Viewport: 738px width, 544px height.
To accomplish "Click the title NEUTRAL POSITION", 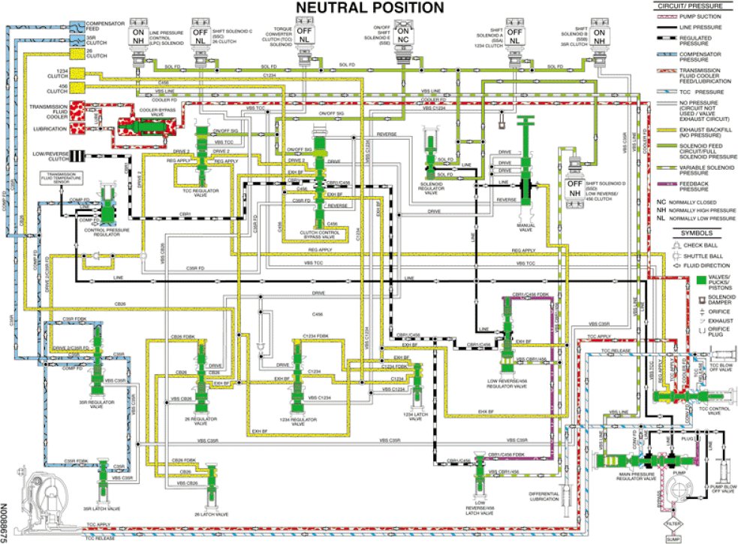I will [369, 8].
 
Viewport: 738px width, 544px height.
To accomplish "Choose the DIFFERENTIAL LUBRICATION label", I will [544, 497].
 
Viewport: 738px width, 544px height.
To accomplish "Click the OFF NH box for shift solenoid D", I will [574, 189].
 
